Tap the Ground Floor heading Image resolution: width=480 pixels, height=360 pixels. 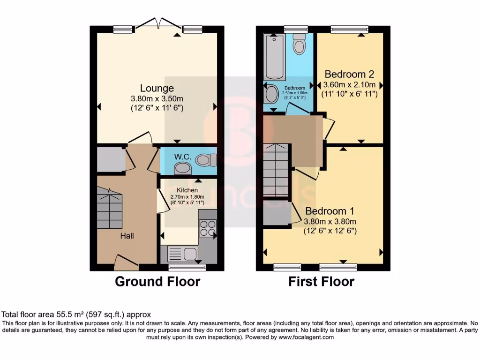click(157, 282)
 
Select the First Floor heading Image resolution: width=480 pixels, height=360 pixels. click(321, 282)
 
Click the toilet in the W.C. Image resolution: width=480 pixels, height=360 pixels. click(205, 160)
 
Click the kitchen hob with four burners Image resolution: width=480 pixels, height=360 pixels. click(207, 227)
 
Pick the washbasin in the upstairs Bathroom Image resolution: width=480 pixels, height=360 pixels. click(270, 94)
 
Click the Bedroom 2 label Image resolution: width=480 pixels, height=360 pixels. click(349, 74)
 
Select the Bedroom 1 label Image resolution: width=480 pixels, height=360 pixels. click(330, 211)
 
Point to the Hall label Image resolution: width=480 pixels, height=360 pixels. click(127, 236)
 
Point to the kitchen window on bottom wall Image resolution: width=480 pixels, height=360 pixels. click(187, 268)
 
